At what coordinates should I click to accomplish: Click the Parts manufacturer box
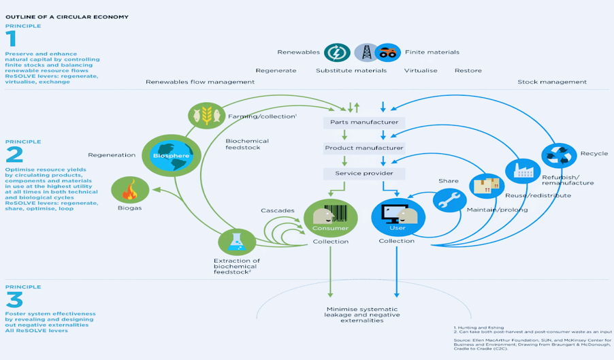tap(364, 122)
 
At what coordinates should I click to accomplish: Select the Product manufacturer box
tap(364, 148)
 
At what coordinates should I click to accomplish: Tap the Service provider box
tap(364, 174)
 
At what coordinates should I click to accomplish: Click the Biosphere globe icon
tap(163, 154)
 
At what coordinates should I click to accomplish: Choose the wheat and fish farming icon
tap(206, 115)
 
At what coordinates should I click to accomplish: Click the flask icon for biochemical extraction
tap(236, 242)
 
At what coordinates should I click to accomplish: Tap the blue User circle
tap(398, 217)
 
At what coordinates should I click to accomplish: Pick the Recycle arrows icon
tap(559, 155)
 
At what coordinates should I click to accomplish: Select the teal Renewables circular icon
tap(337, 52)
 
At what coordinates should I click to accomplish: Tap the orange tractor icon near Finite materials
tap(387, 52)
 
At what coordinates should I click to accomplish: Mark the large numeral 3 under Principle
tap(14, 299)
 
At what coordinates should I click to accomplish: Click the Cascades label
tap(278, 210)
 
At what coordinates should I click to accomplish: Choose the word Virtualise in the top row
tap(421, 70)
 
